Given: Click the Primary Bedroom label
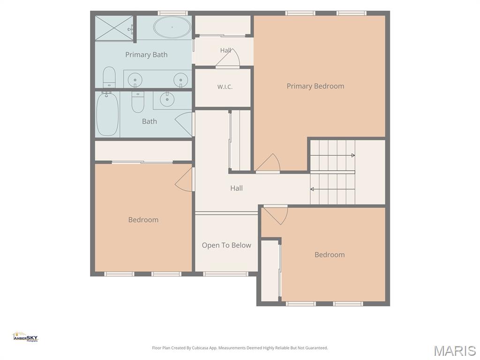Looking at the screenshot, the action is click(315, 86).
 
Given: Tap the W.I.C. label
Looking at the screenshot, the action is click(225, 87).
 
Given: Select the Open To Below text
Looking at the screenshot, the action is click(226, 245).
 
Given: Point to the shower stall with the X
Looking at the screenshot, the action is click(114, 28).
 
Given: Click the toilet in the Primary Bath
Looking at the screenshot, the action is click(109, 77).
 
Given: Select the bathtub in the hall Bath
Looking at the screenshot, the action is click(107, 114).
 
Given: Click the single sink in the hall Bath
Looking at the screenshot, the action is click(167, 99).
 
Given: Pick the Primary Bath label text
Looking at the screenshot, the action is click(146, 55).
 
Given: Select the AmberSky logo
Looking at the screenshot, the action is click(25, 337).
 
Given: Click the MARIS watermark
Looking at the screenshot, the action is click(455, 351).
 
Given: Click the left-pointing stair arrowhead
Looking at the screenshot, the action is click(312, 189).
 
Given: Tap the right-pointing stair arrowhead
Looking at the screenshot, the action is click(353, 156).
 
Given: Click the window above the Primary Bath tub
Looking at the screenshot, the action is click(172, 13).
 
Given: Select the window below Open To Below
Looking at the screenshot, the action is click(225, 274).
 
